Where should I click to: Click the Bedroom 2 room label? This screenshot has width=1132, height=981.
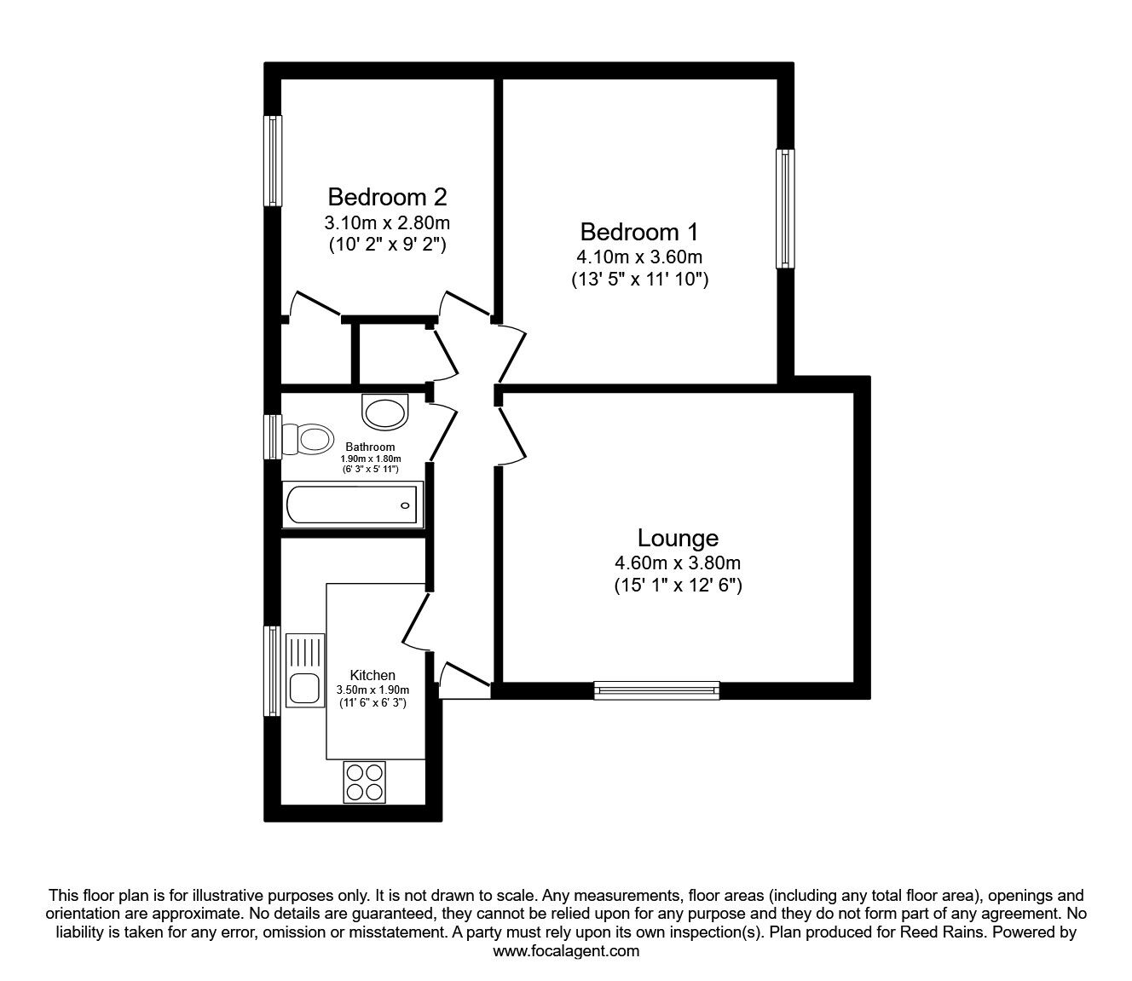tap(387, 197)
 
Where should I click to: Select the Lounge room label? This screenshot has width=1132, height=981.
tap(678, 538)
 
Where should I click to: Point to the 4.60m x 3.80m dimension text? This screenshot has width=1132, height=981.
tap(678, 563)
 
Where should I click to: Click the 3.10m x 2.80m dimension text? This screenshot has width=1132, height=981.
tap(387, 223)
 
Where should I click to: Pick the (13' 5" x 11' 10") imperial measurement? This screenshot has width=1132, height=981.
tap(639, 279)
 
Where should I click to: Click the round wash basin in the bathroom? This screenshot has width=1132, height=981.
tap(385, 413)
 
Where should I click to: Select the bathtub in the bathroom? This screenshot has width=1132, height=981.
tap(353, 505)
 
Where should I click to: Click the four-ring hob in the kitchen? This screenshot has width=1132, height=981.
tap(365, 781)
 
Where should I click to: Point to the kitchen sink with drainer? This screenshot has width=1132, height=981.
tap(304, 670)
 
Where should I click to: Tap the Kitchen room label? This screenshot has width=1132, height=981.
tap(373, 675)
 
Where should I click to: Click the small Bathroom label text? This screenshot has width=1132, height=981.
tap(370, 447)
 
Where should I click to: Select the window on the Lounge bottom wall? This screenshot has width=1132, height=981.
tap(656, 690)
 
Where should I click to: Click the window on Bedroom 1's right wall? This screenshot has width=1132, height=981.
tap(785, 209)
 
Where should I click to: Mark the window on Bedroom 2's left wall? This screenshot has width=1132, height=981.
tap(273, 160)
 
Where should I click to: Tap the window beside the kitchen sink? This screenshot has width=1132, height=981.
tap(273, 671)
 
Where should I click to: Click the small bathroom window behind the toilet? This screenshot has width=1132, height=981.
tap(273, 436)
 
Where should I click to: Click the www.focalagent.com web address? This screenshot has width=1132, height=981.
tap(566, 951)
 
